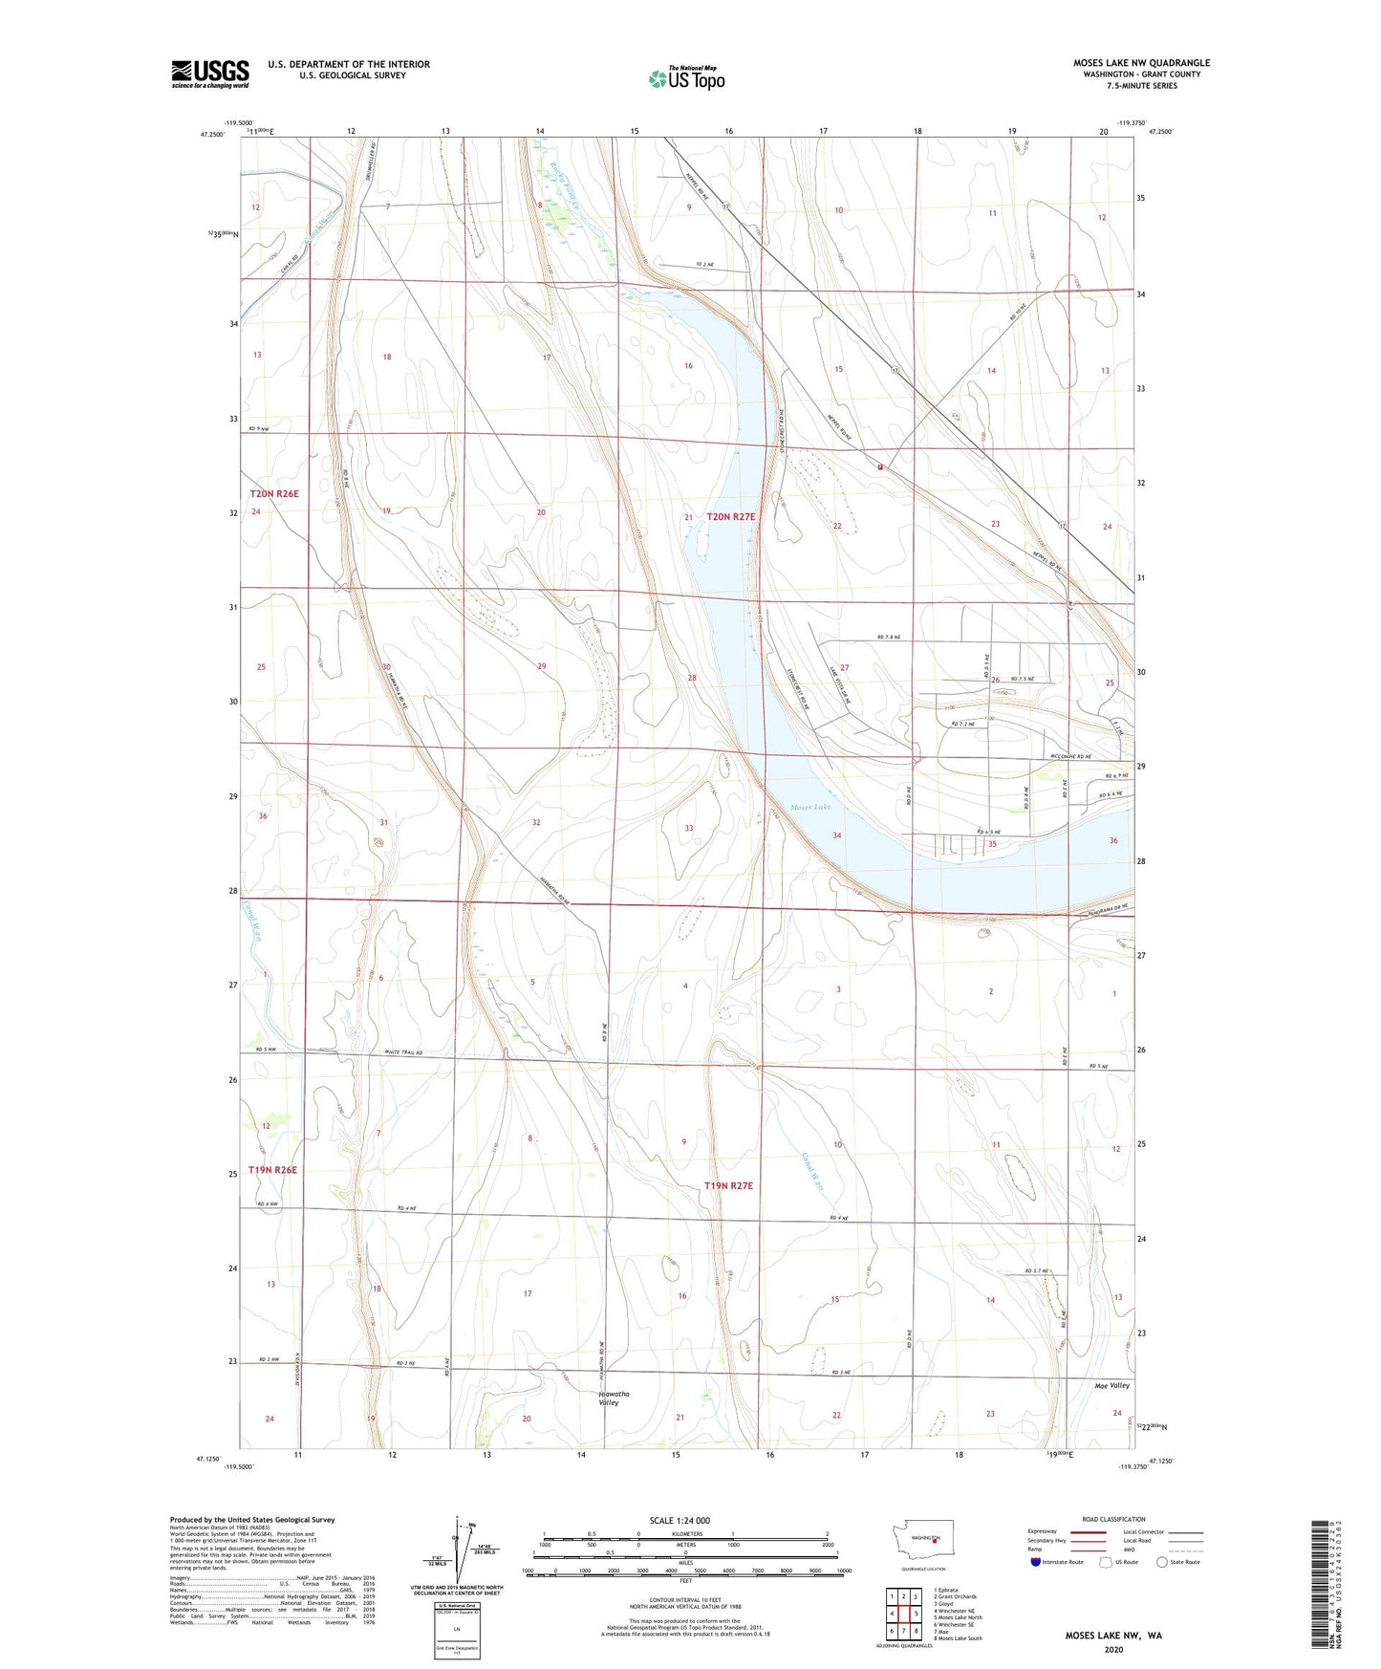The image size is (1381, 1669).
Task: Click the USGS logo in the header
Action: coord(210,74)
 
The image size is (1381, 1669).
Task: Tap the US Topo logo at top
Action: coord(686,77)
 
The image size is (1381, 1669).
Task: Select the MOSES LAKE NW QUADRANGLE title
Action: coord(1141,63)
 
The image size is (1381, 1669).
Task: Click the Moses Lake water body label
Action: coord(810,808)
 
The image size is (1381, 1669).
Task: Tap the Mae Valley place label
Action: coord(1111,1385)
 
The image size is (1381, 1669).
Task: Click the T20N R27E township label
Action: coord(731,517)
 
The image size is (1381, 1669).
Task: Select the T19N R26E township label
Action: coord(273,1170)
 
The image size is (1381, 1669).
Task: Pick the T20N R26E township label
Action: coord(274,494)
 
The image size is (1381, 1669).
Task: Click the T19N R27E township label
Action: coord(729,1186)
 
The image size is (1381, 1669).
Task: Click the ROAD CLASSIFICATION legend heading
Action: coord(1113,1519)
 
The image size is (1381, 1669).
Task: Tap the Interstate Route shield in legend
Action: coord(1037,1562)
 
